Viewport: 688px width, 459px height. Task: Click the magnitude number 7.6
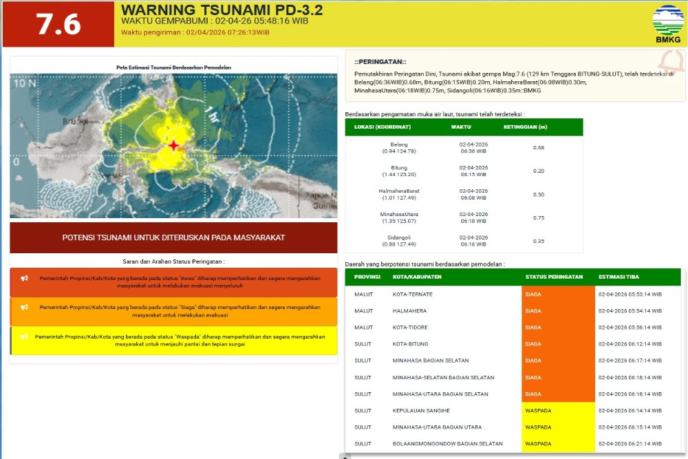coord(58,24)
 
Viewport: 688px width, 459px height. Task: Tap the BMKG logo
coord(667,23)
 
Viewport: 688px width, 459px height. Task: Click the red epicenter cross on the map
coord(173,145)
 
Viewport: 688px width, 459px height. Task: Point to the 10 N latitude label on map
coord(25,83)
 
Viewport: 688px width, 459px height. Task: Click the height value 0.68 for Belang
coord(539,147)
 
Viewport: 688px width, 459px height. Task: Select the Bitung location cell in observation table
coord(398,171)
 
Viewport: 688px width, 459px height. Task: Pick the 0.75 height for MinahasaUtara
coord(539,217)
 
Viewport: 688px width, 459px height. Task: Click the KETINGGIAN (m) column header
coord(525,127)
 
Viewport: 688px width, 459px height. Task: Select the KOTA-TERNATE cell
coord(413,294)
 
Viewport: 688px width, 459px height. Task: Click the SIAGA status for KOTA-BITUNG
coord(533,344)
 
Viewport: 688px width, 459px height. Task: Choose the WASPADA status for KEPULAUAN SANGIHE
coord(538,411)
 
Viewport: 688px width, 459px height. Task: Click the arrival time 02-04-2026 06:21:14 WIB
coord(630,444)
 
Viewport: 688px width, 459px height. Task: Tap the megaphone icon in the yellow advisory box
coord(24,337)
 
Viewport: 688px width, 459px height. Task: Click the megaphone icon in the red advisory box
coord(24,278)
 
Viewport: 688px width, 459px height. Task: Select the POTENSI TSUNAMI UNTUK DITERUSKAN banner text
coord(173,237)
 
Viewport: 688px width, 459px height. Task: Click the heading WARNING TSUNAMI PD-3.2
coord(222,10)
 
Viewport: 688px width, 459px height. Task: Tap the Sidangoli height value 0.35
coord(539,241)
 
